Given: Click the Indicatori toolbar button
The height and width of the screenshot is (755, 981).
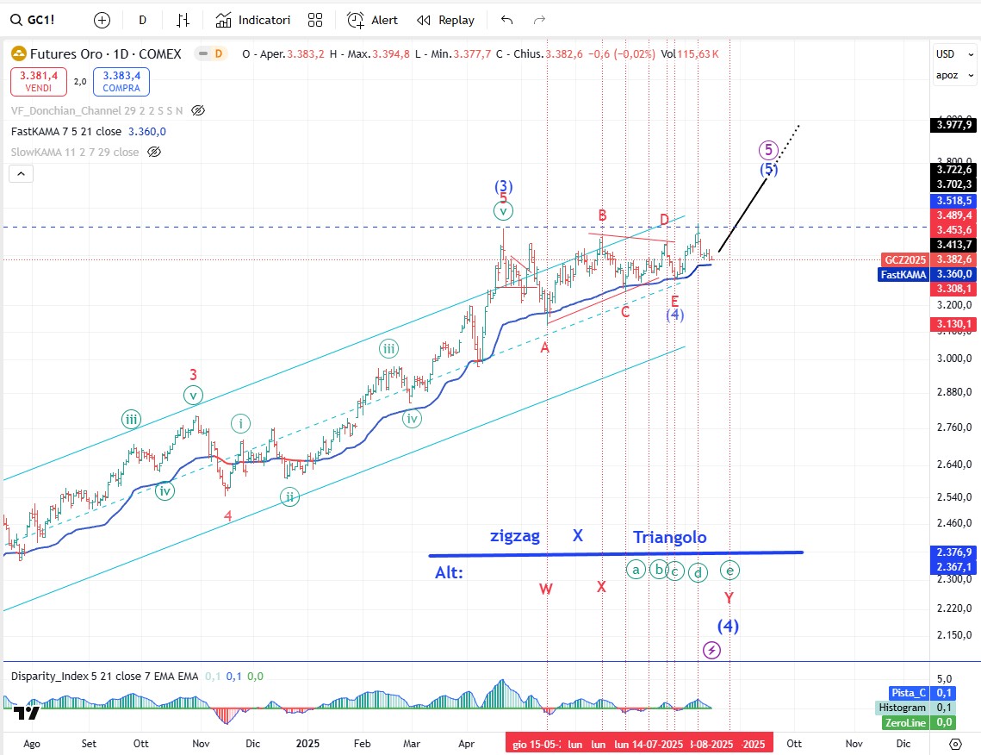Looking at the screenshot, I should (253, 20).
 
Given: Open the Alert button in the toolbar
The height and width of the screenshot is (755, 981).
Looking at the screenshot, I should (373, 20).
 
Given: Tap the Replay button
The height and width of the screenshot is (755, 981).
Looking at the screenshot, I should (445, 20).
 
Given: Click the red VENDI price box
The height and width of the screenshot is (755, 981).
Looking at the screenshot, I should (39, 82).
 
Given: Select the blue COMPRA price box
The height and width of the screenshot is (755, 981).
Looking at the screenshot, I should (121, 82).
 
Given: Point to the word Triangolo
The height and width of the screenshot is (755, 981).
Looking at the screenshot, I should (670, 537).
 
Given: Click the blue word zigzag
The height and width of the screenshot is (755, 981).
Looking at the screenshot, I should (515, 536).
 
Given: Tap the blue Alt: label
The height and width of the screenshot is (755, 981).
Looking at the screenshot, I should (450, 571).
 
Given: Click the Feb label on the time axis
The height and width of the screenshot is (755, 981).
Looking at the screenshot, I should (362, 743).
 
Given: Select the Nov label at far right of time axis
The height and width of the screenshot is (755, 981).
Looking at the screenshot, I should (854, 743).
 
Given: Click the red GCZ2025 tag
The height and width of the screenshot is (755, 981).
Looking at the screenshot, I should (903, 259).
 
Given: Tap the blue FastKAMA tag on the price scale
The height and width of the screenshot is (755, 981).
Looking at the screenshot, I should (903, 274).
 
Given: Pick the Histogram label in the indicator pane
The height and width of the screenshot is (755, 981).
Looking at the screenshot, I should (903, 708).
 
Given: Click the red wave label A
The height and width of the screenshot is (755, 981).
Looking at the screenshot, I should (544, 348).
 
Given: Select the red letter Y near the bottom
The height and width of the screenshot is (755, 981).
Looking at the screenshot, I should (729, 597).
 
